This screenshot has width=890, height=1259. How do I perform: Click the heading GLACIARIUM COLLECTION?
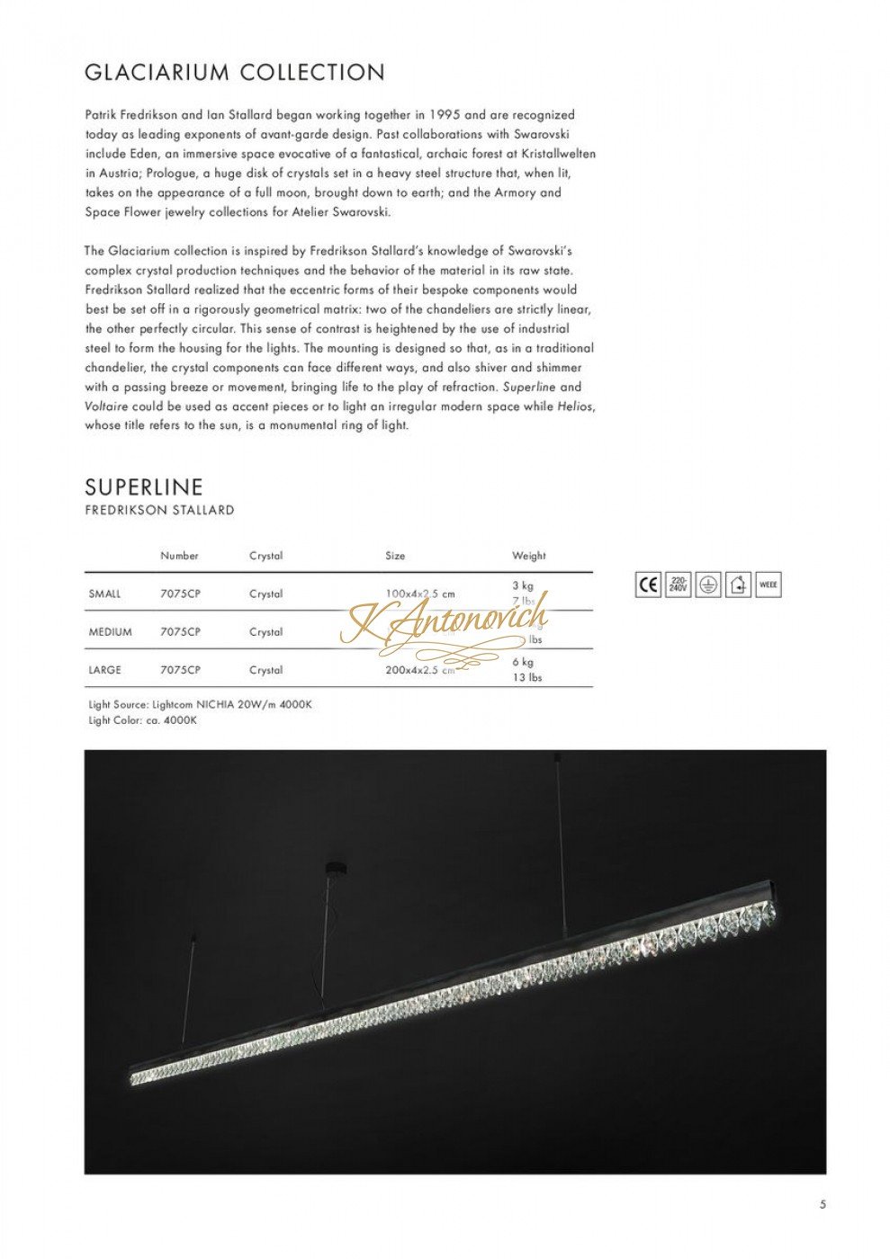click(x=234, y=73)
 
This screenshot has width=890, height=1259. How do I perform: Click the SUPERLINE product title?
click(x=144, y=487)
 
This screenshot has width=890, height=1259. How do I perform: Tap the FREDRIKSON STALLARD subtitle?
click(x=159, y=510)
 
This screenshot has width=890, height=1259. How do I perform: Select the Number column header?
click(x=179, y=556)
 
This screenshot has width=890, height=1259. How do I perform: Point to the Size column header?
click(x=395, y=556)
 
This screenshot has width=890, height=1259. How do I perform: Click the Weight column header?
click(x=529, y=556)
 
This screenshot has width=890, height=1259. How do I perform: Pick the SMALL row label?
click(x=104, y=594)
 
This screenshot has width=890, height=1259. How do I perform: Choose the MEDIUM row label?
click(x=110, y=632)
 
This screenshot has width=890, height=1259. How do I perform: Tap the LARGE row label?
click(x=105, y=670)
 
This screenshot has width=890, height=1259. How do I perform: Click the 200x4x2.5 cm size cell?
click(x=419, y=670)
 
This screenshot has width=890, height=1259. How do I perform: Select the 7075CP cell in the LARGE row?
click(x=180, y=670)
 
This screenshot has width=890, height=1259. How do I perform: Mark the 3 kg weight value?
click(x=523, y=585)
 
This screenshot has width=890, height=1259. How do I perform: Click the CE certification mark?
click(x=648, y=585)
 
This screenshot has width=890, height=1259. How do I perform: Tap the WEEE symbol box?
click(x=769, y=585)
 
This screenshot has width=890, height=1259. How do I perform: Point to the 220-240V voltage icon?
click(x=679, y=585)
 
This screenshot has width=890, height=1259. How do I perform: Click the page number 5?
click(x=823, y=1205)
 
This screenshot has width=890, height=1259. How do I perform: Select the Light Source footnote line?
click(x=200, y=705)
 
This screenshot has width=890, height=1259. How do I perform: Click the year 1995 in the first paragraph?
click(x=445, y=115)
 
